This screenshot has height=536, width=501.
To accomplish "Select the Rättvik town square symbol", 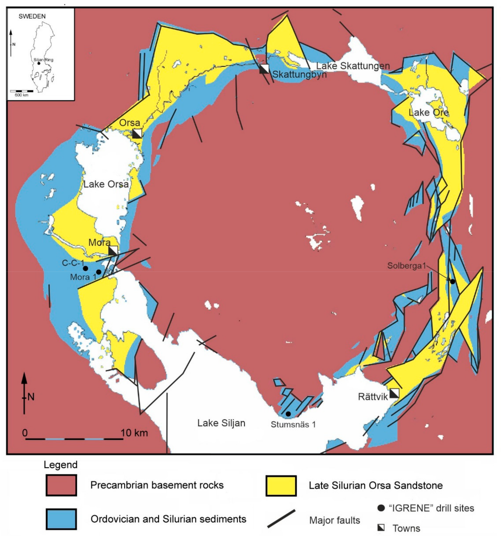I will tap(394, 393).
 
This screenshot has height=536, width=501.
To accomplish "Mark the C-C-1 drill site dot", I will tap(85, 268).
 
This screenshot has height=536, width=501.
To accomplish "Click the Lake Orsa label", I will tap(106, 184).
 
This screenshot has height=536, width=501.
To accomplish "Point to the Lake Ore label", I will tap(428, 112).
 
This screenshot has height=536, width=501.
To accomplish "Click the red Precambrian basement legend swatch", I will tap(61, 485).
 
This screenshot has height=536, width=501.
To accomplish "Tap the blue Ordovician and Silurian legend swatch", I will tap(61, 519).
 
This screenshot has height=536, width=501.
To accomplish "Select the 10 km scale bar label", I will tap(134, 433).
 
